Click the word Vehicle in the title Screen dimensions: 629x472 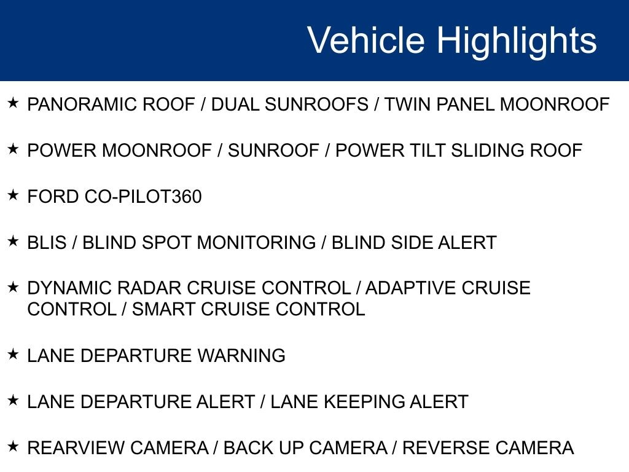365,39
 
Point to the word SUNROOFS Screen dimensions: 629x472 316,104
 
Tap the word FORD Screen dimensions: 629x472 53,197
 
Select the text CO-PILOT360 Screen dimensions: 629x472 143,197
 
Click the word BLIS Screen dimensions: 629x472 47,242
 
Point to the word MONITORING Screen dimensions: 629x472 256,242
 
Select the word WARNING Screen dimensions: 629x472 241,356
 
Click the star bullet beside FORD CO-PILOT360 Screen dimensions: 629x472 14,195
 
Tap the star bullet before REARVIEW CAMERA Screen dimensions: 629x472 14,446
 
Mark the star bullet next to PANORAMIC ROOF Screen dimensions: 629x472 14,103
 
